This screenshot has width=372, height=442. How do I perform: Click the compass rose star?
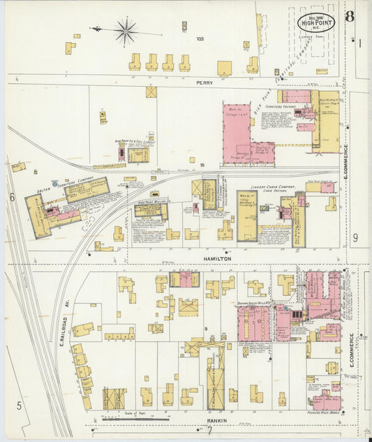126,30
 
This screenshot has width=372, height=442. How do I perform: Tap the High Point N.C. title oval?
316,22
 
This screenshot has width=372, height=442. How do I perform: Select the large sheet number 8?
348,17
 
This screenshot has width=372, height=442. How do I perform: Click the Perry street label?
204,82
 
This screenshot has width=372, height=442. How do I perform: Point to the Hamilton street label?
216,258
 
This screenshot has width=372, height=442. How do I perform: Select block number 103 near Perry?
200,38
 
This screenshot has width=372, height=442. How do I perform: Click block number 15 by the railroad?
202,166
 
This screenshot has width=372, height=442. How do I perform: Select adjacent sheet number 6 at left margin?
13,197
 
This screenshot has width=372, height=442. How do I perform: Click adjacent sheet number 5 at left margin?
20,404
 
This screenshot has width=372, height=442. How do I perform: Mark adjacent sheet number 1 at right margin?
360,43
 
